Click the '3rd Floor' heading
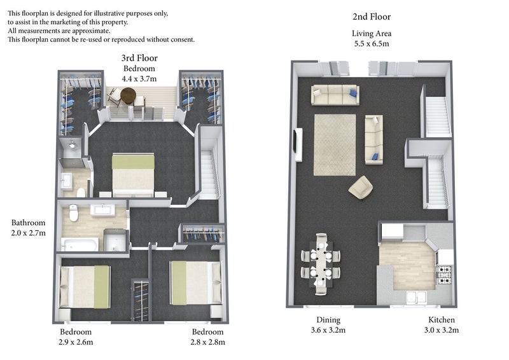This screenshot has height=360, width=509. click(x=139, y=58)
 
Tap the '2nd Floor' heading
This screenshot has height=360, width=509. click(x=372, y=17)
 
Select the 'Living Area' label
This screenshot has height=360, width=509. click(x=372, y=34)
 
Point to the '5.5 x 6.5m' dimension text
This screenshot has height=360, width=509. click(x=372, y=44)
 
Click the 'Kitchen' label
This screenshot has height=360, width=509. click(x=442, y=320)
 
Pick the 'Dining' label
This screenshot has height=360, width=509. click(x=328, y=320)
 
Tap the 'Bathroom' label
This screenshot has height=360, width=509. click(x=28, y=223)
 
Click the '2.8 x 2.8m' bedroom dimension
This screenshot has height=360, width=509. click(x=208, y=342)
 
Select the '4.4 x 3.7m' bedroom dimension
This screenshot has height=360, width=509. click(x=139, y=79)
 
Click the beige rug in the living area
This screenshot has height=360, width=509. click(x=335, y=145)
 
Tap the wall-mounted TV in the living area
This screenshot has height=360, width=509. click(x=298, y=145)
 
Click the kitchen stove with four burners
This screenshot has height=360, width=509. click(x=445, y=275)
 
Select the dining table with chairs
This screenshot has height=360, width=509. click(x=321, y=264)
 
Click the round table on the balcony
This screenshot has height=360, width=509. click(x=129, y=95)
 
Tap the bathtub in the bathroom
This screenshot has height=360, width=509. click(x=80, y=244)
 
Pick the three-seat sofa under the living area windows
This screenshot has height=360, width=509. click(x=335, y=95)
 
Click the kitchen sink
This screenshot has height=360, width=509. click(x=417, y=298)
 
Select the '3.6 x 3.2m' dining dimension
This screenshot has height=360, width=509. click(x=328, y=330)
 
